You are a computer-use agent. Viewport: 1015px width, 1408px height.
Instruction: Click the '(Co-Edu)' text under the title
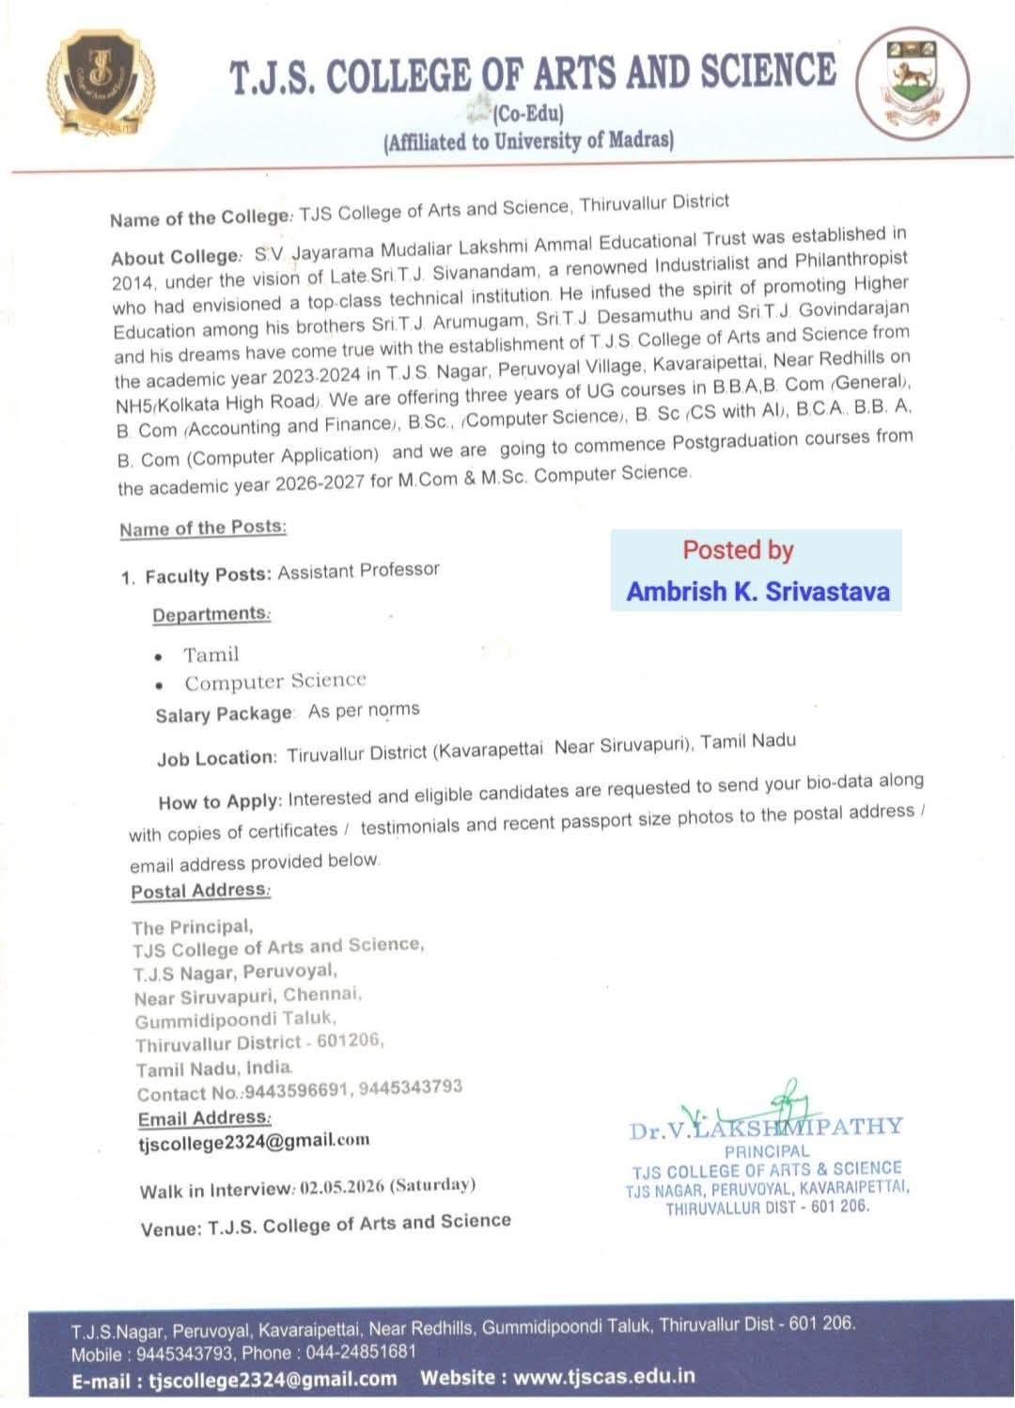[x=528, y=115]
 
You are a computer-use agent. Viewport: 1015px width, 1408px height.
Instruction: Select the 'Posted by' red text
[x=738, y=550]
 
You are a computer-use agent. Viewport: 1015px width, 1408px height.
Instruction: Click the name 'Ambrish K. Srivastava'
[x=757, y=592]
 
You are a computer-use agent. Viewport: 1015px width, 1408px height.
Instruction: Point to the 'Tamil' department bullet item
[x=211, y=655]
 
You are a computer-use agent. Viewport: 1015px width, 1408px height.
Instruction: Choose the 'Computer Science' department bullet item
[x=274, y=681]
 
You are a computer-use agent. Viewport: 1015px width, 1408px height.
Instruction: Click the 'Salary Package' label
[x=224, y=715]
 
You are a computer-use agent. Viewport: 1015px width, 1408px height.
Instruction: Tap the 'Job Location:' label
[x=217, y=758]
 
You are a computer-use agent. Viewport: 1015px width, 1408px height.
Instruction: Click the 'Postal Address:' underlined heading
[x=200, y=890]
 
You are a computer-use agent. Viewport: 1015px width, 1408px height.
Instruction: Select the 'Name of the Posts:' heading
[x=202, y=528]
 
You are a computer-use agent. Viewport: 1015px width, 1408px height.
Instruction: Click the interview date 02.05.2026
[x=342, y=1187]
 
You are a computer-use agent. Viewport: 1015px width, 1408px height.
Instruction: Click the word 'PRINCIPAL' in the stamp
[x=766, y=1151]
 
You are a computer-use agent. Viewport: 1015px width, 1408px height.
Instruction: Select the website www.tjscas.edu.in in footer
[x=604, y=1377]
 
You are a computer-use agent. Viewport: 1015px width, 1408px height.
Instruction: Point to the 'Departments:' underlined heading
[x=211, y=614]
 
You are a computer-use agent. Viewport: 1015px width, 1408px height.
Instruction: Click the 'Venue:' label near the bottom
[x=170, y=1229]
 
